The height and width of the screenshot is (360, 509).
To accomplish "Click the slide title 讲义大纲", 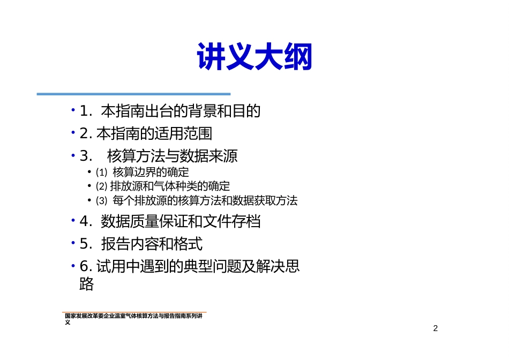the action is pos(254,56).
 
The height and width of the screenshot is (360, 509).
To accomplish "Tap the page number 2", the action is pos(435,328).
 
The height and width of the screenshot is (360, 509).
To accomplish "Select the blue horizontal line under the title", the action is pos(134,94).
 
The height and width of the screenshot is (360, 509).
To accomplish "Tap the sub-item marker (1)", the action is pos(101,172).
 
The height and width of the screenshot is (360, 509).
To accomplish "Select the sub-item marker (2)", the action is pos(101,186).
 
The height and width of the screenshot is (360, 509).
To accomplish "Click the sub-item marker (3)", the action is pos(101,200).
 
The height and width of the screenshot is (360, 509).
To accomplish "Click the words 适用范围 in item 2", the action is pos(183,133).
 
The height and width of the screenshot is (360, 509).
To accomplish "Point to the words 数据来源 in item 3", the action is pos(209,156).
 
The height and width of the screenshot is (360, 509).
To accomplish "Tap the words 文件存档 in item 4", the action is pos(232,221).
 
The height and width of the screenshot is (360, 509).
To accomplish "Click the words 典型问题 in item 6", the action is pos(212,266).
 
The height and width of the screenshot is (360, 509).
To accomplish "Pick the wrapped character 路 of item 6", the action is pos(86,284).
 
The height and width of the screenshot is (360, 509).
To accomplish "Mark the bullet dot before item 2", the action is pos(73,132).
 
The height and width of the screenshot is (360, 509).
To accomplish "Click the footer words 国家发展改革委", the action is pos(84,316).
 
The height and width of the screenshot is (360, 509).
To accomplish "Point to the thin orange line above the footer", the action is pos(134,312).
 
